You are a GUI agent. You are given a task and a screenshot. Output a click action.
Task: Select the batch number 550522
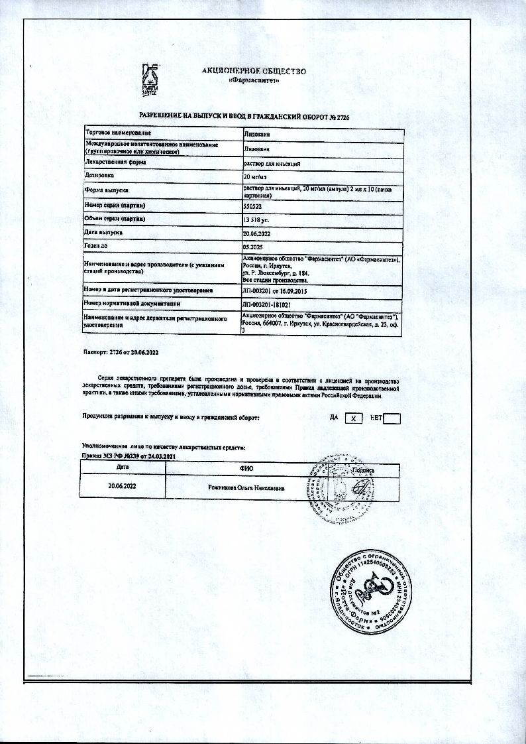pyautogui.click(x=253, y=207)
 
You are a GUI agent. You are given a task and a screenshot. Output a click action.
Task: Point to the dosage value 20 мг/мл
pyautogui.click(x=255, y=177)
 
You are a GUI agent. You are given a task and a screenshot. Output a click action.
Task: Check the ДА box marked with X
pyautogui.click(x=354, y=418)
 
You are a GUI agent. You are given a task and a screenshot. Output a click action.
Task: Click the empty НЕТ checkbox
pyautogui.click(x=411, y=418)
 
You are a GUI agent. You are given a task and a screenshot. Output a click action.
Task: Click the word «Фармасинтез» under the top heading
pyautogui.click(x=253, y=81)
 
